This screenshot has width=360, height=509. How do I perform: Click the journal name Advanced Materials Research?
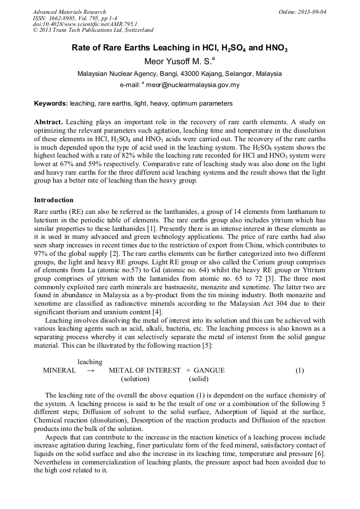[69, 12]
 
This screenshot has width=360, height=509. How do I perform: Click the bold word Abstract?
[49, 122]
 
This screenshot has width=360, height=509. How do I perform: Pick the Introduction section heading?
[54, 200]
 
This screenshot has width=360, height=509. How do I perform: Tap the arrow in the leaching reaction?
[90, 370]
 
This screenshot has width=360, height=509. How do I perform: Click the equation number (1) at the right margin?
[299, 370]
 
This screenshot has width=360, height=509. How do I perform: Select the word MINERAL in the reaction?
[59, 370]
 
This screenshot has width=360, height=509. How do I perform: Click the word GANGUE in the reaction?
[209, 370]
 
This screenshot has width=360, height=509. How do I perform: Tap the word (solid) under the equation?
[199, 379]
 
